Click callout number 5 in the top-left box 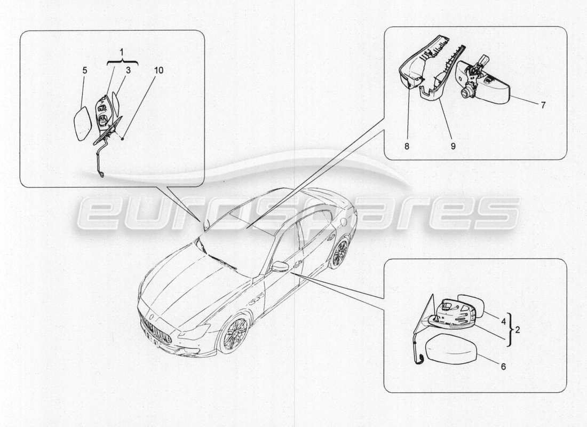coord(84,70)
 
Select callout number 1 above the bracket coord(122,53)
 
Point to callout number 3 coord(128,70)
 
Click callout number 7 coord(543,105)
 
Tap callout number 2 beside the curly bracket coord(517,330)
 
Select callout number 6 coord(502,367)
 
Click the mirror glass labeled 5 coord(83,123)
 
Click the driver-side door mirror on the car coord(280,266)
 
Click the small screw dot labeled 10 coord(123,139)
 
